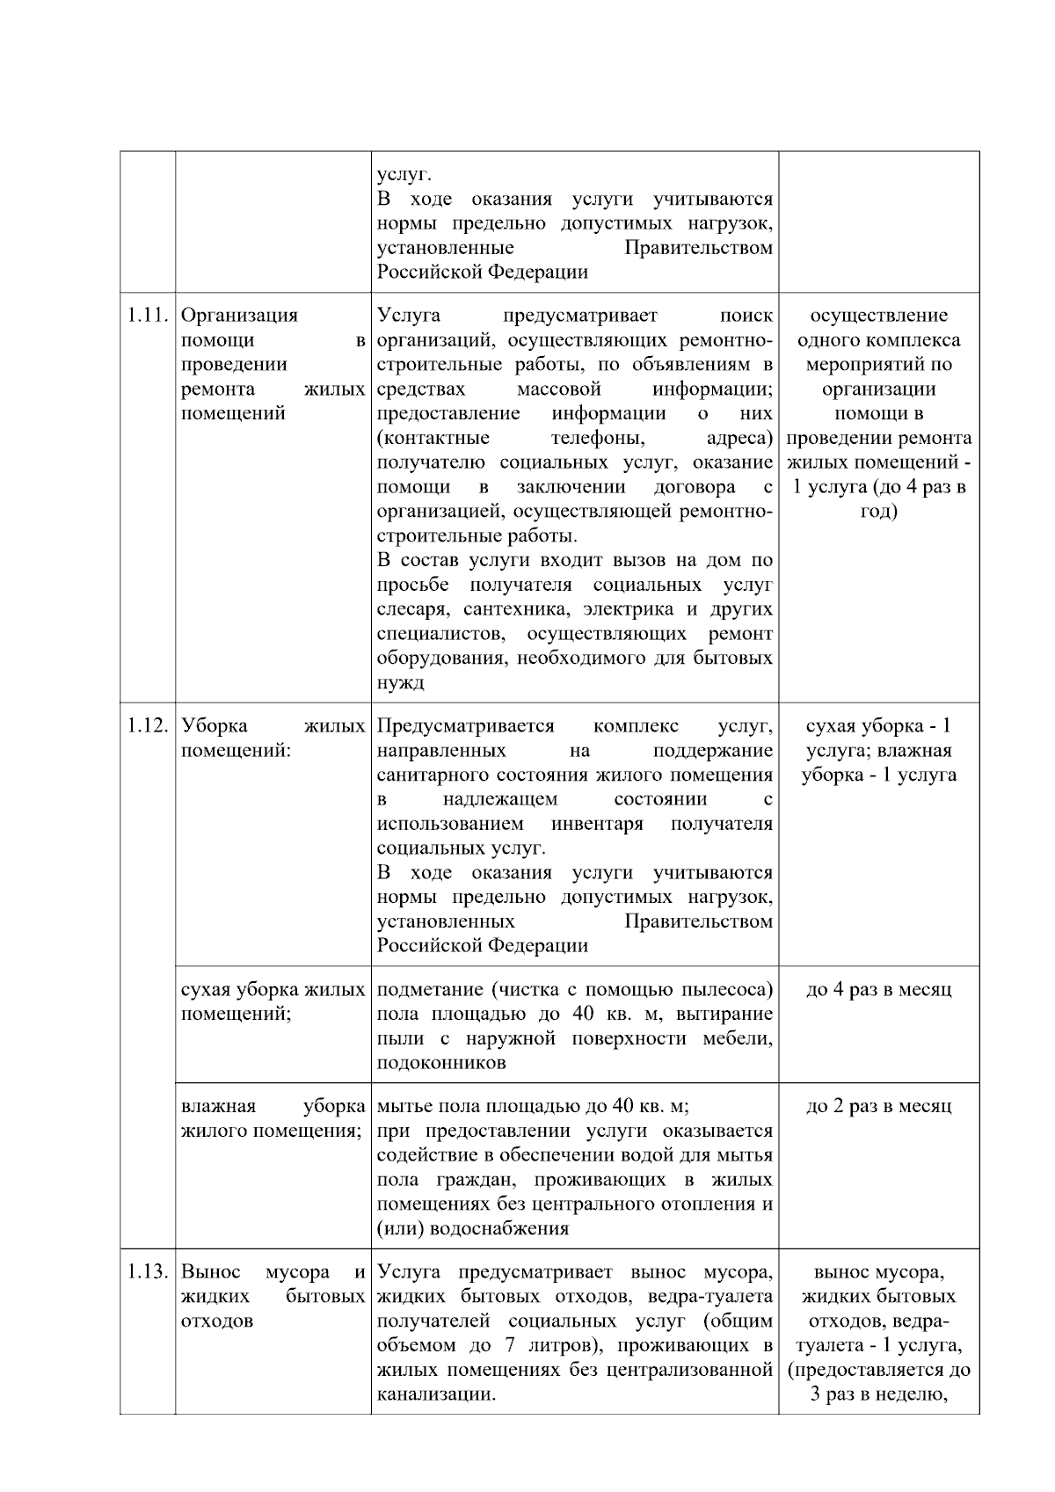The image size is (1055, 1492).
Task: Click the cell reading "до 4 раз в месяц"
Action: (x=878, y=990)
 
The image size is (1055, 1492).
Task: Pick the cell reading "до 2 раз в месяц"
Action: (x=878, y=1107)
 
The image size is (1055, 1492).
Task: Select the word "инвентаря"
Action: (x=597, y=824)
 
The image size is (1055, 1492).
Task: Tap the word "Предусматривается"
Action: (x=465, y=726)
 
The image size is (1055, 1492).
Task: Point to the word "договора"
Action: (x=695, y=487)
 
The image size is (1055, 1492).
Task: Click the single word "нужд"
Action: (x=400, y=683)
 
